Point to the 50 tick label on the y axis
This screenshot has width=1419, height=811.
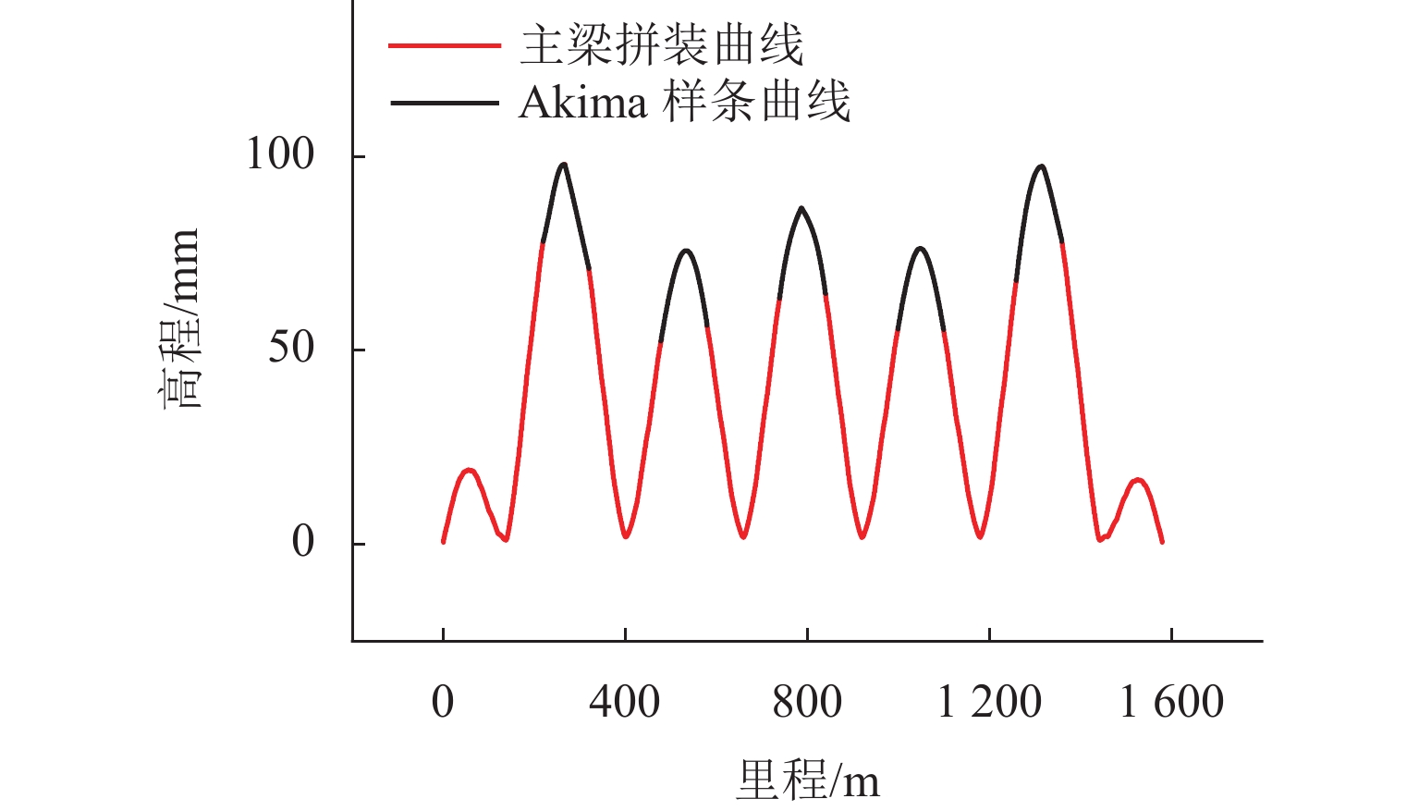[291, 348]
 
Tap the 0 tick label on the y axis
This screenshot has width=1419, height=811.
[303, 542]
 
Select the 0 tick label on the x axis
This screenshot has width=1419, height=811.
[443, 702]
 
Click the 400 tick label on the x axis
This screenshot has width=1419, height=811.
[624, 702]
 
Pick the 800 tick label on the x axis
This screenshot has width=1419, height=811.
[807, 702]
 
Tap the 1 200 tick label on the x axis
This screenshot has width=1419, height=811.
[989, 702]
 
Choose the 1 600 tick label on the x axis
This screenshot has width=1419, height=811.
[1171, 702]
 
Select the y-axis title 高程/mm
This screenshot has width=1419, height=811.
[179, 319]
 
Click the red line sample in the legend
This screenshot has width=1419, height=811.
[445, 44]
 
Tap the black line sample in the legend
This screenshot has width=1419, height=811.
[445, 102]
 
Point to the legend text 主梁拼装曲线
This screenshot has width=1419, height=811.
[662, 44]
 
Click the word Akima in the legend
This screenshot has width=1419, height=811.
[582, 102]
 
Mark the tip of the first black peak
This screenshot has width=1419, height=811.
[563, 165]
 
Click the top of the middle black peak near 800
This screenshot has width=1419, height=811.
[801, 208]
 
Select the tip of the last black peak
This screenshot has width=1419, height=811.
[1041, 166]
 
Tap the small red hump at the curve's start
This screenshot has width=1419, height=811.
[470, 471]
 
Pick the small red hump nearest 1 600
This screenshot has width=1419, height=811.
[1137, 480]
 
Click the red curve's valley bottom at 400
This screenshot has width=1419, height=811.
[626, 535]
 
